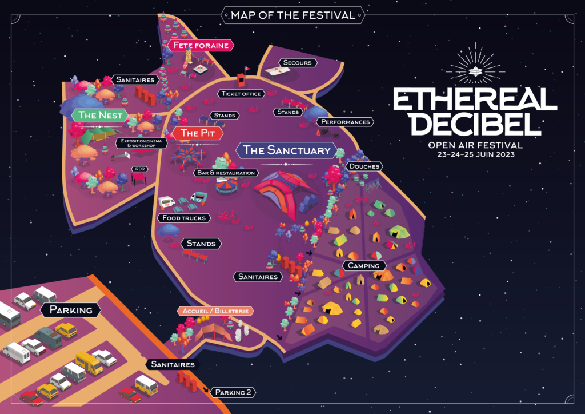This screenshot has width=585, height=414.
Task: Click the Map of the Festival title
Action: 292,15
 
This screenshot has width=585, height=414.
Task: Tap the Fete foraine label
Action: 201,45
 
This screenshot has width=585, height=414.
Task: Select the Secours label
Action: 297,62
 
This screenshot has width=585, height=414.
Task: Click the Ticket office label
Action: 241,94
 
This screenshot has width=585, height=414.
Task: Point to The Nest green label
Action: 101,115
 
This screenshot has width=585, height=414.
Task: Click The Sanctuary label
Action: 286,150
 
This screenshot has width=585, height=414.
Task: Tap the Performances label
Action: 345,122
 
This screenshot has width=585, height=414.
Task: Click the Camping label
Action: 364,266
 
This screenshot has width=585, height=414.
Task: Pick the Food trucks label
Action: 183,218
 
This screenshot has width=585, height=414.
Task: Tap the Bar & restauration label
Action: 226,172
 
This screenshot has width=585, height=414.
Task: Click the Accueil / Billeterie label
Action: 215,311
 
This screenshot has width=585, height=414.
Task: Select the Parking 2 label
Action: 233,392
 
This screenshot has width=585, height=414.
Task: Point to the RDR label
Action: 139,169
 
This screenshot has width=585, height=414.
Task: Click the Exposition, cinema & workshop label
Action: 141,142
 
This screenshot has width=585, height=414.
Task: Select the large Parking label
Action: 71,310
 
